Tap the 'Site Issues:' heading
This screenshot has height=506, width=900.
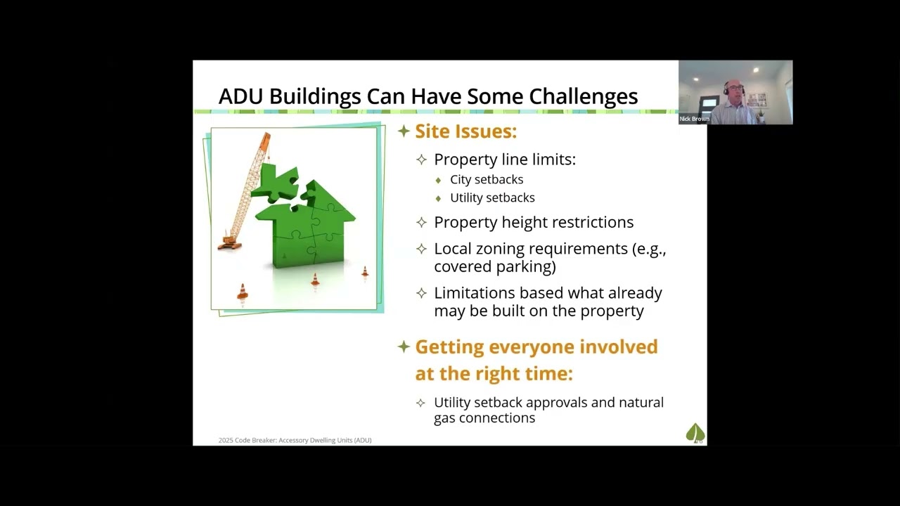click(x=465, y=131)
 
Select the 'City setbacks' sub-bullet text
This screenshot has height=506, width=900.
click(x=487, y=179)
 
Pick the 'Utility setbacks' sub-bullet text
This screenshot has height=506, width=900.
click(x=492, y=197)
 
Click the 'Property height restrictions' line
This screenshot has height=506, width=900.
click(x=534, y=222)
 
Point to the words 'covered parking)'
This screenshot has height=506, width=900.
click(x=495, y=266)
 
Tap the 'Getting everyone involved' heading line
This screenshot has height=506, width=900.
click(x=536, y=346)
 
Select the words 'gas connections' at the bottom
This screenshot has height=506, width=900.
click(x=484, y=418)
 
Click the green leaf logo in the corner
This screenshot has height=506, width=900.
click(x=695, y=433)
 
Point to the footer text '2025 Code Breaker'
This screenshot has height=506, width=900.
click(x=247, y=441)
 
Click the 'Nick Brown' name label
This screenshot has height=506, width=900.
click(x=694, y=119)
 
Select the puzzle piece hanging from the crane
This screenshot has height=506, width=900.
click(x=275, y=184)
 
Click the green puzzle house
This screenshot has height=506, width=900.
click(x=309, y=228)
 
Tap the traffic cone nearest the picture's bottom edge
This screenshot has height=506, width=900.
click(x=243, y=292)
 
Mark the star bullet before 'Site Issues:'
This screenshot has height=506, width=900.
click(x=404, y=131)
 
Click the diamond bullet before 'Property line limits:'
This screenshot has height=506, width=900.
click(x=421, y=160)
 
